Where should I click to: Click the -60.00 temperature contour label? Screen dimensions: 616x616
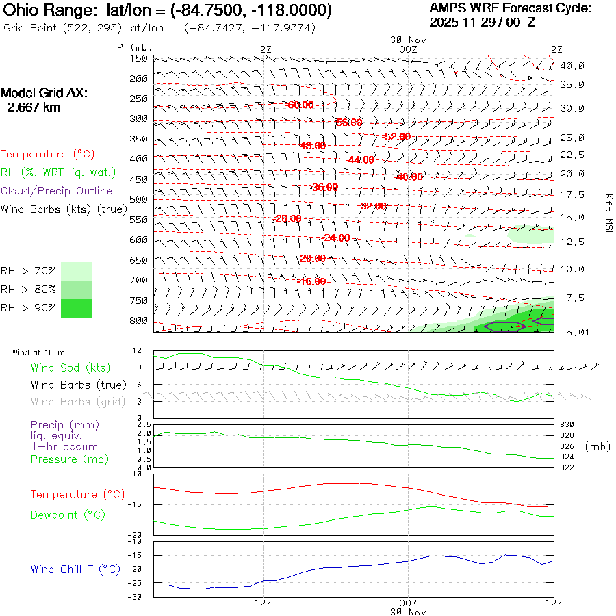coord(300,105)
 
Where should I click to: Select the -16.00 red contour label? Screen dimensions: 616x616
coord(312,281)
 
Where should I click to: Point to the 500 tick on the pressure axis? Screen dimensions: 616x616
coord(139,199)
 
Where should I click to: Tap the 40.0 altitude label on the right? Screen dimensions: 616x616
coord(572,66)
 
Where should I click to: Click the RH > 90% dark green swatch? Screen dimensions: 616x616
coord(77,308)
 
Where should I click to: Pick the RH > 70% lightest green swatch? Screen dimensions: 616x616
coord(77,271)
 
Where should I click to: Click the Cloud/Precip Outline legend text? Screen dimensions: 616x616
coord(56,191)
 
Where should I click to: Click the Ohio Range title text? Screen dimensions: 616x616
coord(168,11)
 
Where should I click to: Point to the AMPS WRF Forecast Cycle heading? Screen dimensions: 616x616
coord(510,8)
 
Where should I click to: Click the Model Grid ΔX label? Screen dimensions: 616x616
coord(44,93)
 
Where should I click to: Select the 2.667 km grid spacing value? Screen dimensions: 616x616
coord(31,107)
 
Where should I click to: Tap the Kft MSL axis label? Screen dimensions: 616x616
coord(607,214)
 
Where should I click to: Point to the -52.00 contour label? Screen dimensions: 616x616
coord(397,137)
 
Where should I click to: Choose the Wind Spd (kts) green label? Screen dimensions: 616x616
coord(70,368)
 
